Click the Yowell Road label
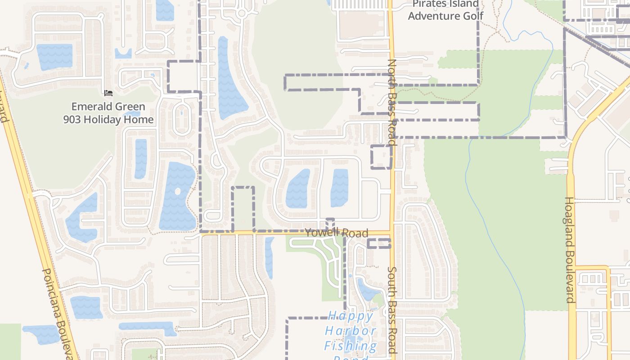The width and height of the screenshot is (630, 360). [x=337, y=233]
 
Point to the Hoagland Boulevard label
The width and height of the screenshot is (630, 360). [x=570, y=250]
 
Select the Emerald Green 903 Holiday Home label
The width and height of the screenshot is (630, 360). [x=108, y=113]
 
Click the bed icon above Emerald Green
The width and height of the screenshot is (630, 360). [x=108, y=93]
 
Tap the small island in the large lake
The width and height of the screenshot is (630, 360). [x=177, y=192]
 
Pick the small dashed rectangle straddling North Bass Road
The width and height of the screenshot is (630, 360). [x=381, y=157]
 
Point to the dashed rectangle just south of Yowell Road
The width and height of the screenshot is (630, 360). [x=378, y=243]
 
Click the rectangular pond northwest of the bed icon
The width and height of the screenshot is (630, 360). [x=54, y=57]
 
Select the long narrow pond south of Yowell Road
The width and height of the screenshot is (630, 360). [x=269, y=257]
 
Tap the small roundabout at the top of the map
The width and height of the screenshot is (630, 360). [x=242, y=13]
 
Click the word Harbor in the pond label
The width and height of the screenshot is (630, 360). [x=351, y=331]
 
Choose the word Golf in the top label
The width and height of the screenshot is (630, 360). [x=471, y=16]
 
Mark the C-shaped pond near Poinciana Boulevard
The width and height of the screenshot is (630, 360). [x=81, y=218]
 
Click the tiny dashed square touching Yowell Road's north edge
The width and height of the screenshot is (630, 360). [x=330, y=224]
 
